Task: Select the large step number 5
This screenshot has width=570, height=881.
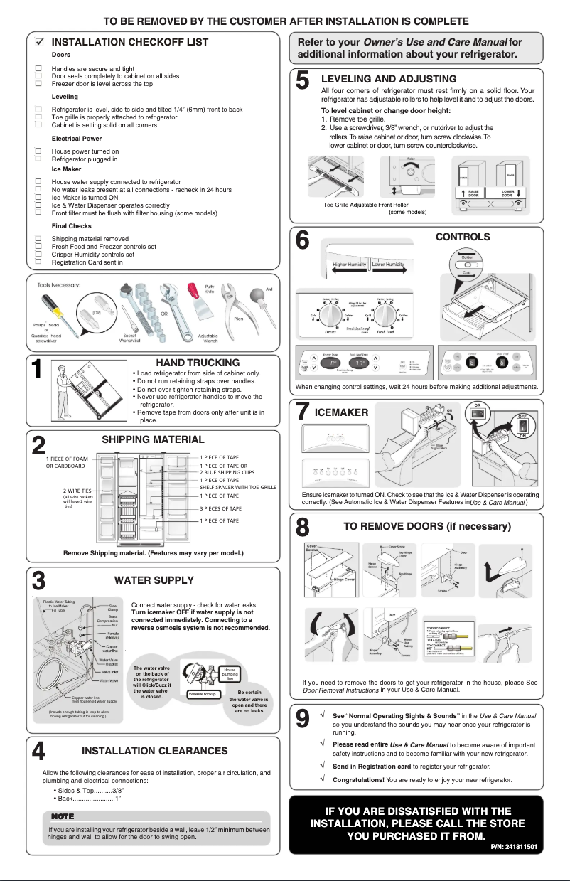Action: click(302, 82)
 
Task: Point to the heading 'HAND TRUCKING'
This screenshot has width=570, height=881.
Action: click(198, 363)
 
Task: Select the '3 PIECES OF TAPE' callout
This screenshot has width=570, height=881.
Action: click(220, 508)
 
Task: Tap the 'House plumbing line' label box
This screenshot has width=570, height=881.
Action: click(230, 674)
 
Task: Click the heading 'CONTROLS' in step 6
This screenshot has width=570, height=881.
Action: click(462, 237)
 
